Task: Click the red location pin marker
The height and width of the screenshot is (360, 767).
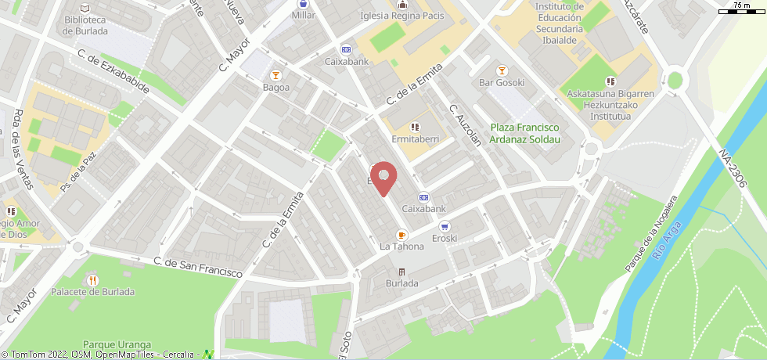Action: click(x=383, y=178)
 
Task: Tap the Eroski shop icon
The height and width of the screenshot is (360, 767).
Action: click(x=445, y=226)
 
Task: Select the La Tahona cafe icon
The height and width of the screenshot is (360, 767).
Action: click(x=402, y=234)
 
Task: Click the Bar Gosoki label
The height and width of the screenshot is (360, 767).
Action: click(x=502, y=82)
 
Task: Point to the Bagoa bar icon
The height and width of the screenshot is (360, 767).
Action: click(x=275, y=75)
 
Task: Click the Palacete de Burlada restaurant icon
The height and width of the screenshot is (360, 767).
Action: click(x=93, y=279)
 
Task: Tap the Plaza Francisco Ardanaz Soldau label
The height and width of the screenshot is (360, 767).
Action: click(x=525, y=133)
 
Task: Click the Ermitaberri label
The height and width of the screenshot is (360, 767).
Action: click(x=415, y=139)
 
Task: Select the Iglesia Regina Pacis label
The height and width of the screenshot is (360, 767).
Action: click(x=402, y=16)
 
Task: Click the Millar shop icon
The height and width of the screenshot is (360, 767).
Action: click(x=302, y=4)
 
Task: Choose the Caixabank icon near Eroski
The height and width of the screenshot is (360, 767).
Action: click(x=423, y=197)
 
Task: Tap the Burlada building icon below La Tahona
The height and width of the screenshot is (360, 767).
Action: click(x=402, y=272)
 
